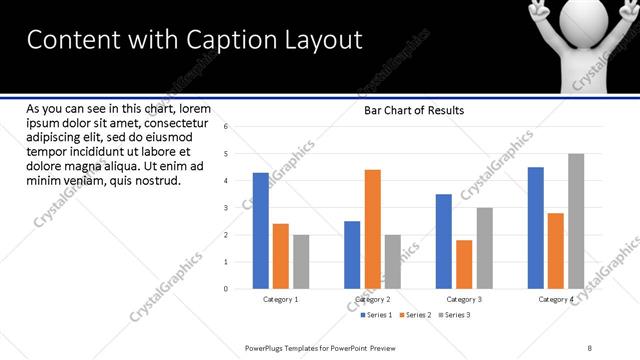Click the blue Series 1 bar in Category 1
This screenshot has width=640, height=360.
tap(260, 230)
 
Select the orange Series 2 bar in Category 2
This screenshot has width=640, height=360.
tap(372, 229)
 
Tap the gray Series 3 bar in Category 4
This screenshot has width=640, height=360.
tap(576, 221)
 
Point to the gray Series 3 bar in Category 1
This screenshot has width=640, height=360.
tap(301, 262)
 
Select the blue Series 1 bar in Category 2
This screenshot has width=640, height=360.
tap(352, 255)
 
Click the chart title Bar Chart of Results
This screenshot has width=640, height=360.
tap(413, 111)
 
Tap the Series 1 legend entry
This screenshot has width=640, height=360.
tap(377, 315)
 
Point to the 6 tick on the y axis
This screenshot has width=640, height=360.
tap(227, 127)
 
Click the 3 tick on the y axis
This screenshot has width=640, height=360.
tap(227, 208)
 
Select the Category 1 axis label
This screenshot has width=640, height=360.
tap(280, 299)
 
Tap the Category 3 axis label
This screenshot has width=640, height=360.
tap(464, 299)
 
